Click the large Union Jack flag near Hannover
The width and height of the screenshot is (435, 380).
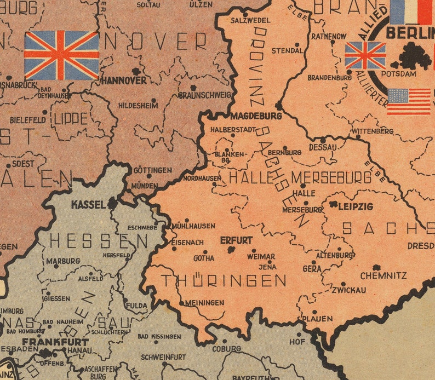pyautogui.click(x=61, y=55)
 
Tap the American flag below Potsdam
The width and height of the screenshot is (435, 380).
pyautogui.click(x=409, y=101)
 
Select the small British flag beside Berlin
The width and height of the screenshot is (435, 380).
pyautogui.click(x=365, y=56)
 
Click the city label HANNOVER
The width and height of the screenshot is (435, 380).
pyautogui.click(x=124, y=80)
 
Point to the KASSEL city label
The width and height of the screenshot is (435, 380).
pyautogui.click(x=88, y=205)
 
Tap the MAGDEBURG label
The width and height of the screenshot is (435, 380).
pyautogui.click(x=256, y=116)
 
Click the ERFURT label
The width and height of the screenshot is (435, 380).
pyautogui.click(x=236, y=240)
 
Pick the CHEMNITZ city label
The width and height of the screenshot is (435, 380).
pyautogui.click(x=384, y=276)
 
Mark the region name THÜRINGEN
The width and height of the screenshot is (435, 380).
pyautogui.click(x=224, y=281)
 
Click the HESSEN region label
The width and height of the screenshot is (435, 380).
pyautogui.click(x=99, y=241)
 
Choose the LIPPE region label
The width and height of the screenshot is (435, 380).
pyautogui.click(x=71, y=119)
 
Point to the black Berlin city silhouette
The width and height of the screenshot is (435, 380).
pyautogui.click(x=414, y=55)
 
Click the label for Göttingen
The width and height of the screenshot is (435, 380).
pyautogui.click(x=152, y=170)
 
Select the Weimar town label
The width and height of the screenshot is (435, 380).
pyautogui.click(x=261, y=256)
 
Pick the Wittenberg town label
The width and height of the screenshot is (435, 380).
pyautogui.click(x=373, y=131)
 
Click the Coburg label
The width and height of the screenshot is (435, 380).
pyautogui.click(x=226, y=349)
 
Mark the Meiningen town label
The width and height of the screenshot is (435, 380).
pyautogui.click(x=204, y=302)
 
